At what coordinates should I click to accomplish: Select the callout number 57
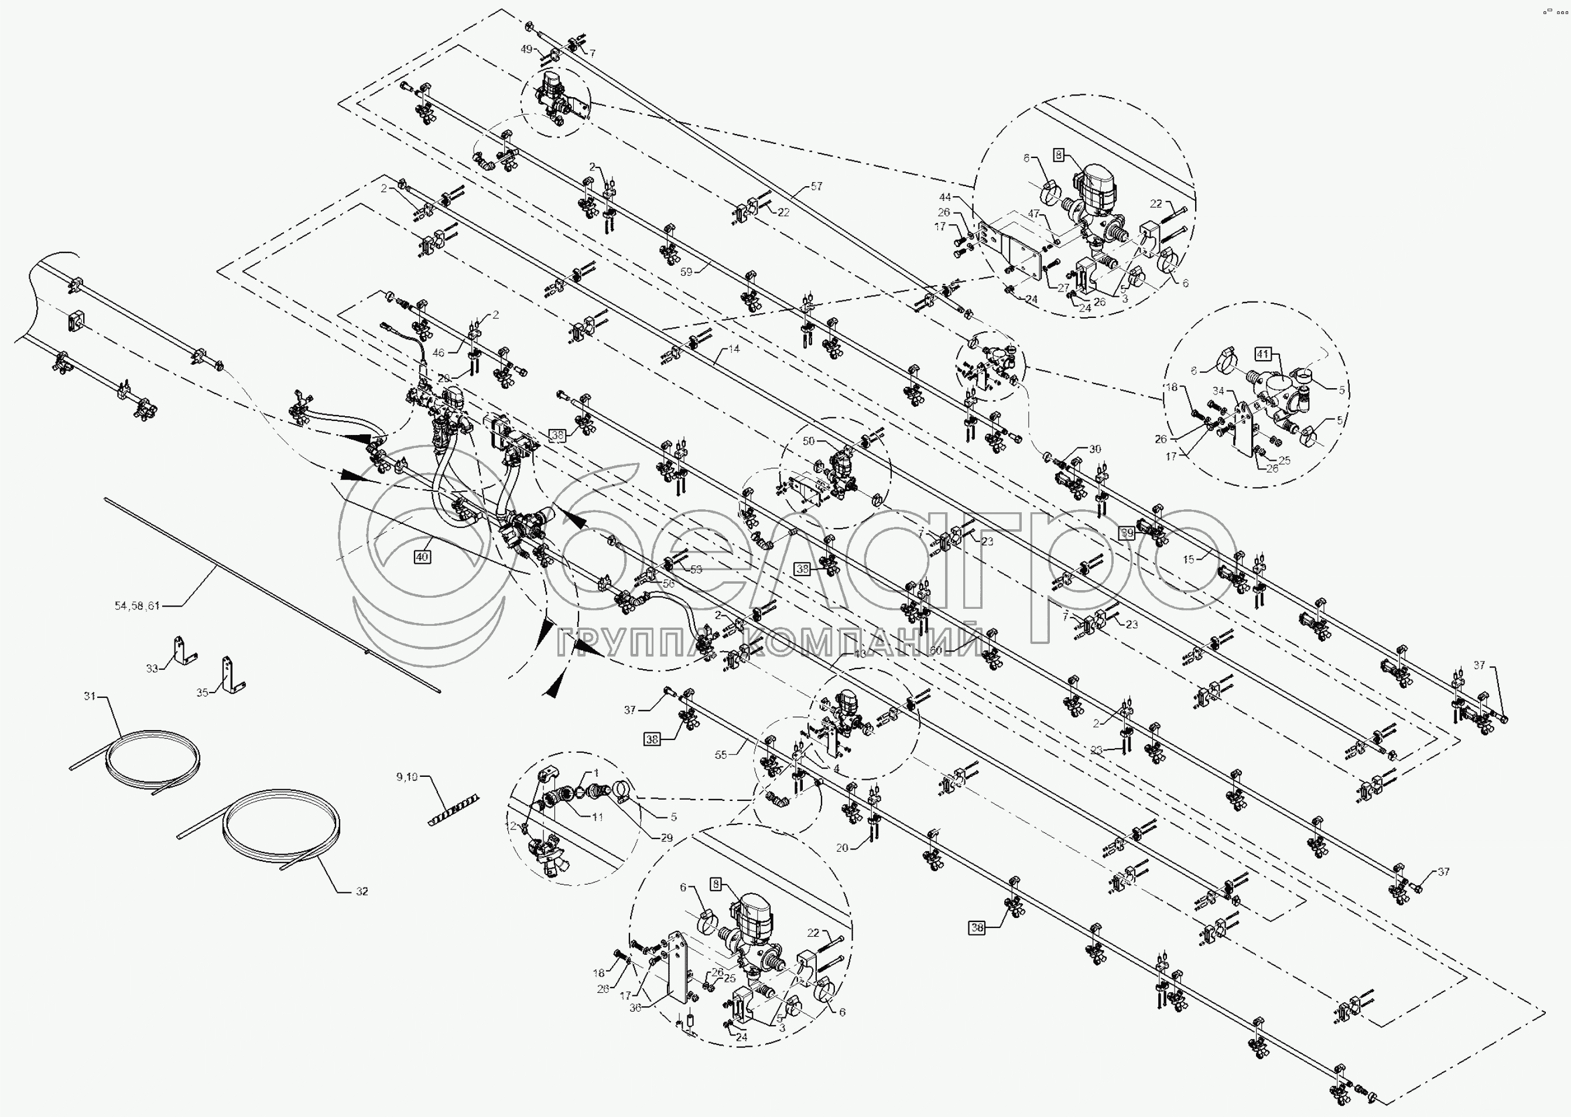click(816, 186)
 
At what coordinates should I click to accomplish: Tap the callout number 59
click(686, 272)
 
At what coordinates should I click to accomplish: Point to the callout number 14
click(734, 349)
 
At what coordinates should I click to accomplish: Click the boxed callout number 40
click(422, 557)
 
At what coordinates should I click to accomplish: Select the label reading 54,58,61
click(137, 605)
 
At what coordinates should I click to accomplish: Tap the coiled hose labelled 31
click(151, 763)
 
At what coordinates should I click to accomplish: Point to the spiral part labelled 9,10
click(454, 811)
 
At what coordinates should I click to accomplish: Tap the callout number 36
click(635, 1008)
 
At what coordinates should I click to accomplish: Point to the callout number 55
click(720, 755)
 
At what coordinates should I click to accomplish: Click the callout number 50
click(808, 440)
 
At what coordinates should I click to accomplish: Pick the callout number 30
click(1094, 449)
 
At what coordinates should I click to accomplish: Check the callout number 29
click(666, 838)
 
